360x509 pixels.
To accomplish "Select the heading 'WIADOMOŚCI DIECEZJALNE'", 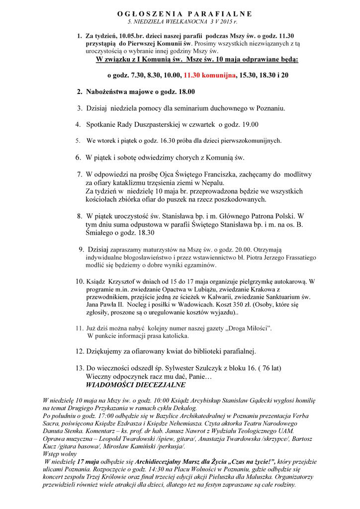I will pos(136,385).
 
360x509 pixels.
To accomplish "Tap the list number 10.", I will pos(80,281).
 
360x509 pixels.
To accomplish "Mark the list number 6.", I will pos(78,158).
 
